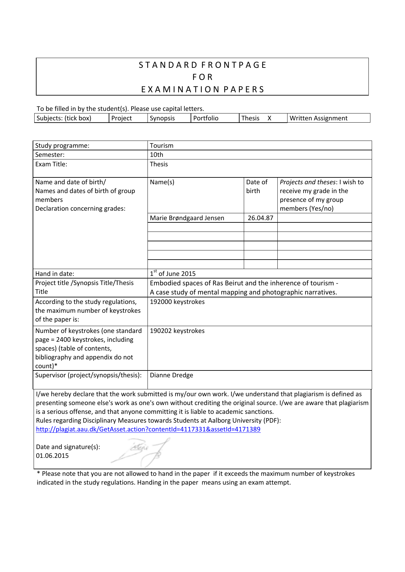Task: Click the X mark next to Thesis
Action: coord(270,118)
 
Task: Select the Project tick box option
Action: coord(121,118)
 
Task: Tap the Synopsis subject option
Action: coord(162,118)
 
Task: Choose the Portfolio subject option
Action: coord(206,118)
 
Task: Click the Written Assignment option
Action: coord(319,118)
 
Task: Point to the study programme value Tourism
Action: coord(162,145)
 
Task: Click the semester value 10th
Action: coord(156,155)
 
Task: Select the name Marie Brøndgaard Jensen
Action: coord(187,218)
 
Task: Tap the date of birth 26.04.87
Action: coord(260,218)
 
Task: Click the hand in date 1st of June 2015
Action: coord(173,273)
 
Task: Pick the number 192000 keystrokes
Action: coord(177,302)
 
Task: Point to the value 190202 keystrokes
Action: coord(177,331)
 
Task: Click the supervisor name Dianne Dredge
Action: coord(171,375)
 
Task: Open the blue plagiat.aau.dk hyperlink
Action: coord(148,429)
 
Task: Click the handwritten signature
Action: coord(144,452)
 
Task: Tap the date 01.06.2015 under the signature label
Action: coord(52,456)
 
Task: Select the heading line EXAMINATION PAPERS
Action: coord(202,89)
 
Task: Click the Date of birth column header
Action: coord(257,186)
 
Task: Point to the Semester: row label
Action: coord(50,155)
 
